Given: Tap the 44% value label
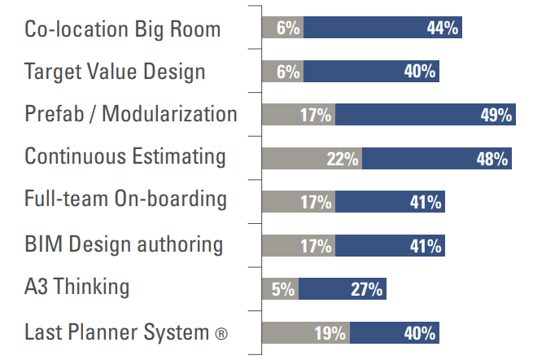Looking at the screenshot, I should point(443,28).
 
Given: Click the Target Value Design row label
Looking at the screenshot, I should point(115,72).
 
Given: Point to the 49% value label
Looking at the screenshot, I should point(496,115).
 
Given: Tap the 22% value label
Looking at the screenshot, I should point(343,158).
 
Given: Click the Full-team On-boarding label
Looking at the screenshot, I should point(126,200).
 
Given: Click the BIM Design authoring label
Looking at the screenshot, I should point(124,244).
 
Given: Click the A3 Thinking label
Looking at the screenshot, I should point(77,287).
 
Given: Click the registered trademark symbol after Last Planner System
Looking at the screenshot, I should point(221,333).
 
